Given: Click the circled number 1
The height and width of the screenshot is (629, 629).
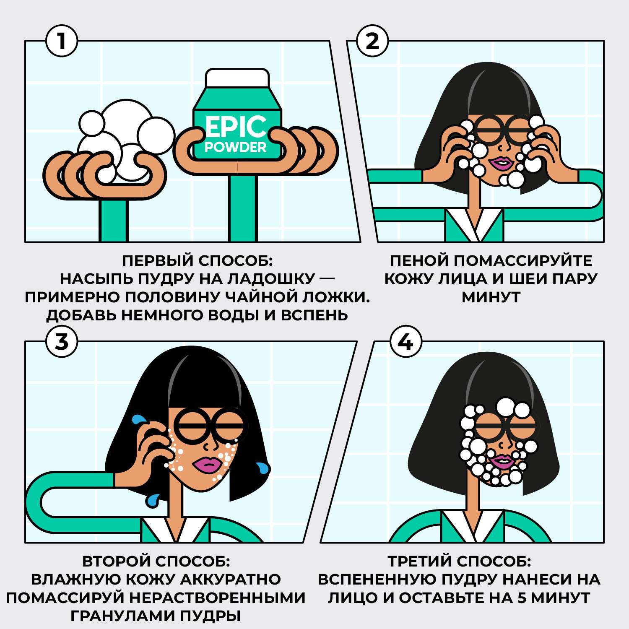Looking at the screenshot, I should coord(62,41).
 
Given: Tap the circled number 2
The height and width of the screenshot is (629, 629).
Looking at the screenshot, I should coord(372,41).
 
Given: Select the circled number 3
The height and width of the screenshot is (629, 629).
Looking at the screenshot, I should coord(62,341).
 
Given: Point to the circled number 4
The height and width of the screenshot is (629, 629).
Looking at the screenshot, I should coord(405,341).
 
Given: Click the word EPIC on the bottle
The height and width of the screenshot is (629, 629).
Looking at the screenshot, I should coord(236,126).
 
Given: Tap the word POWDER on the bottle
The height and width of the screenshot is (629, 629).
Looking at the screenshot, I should coord(236,147).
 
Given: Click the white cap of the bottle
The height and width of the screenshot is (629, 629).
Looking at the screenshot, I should coord(237,78).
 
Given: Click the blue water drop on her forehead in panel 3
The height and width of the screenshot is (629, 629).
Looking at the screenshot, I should coord(138,419).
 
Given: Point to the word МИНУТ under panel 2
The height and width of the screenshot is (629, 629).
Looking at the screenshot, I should coord(491,297).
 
